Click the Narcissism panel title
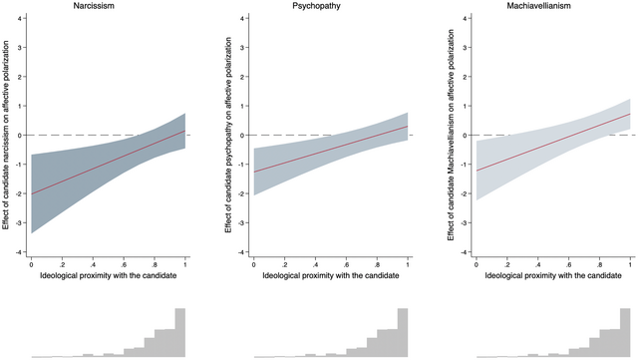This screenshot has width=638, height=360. [108, 7]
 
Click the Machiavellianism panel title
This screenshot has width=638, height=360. [553, 7]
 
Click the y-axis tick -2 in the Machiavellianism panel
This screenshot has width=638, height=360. [468, 193]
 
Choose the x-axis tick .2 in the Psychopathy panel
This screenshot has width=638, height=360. [285, 264]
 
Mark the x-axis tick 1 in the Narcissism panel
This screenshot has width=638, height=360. [186, 264]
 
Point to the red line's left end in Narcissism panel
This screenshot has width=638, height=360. [31, 194]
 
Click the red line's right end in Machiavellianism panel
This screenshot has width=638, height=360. [631, 114]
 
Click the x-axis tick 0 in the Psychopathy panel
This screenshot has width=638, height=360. [254, 264]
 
